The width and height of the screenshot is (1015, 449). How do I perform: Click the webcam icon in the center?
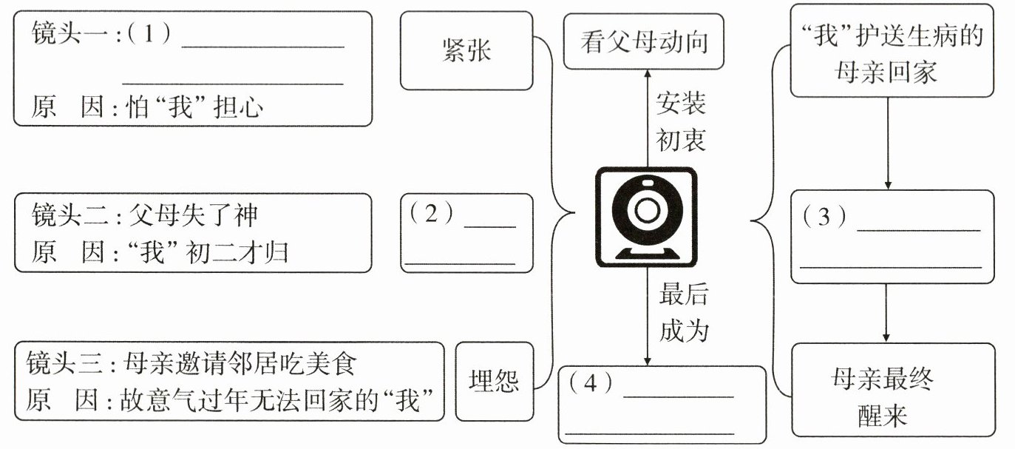646,217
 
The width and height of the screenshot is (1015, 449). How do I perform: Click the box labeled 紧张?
466,51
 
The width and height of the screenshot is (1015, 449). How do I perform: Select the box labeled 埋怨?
493,381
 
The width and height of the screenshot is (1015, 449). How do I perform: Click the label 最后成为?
684,313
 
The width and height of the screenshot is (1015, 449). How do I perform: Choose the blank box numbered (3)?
892,237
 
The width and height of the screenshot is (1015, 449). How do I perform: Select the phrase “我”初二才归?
208,252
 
